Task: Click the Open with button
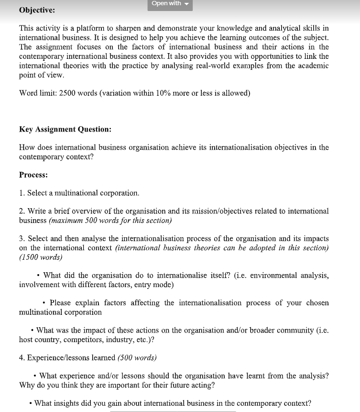tap(166, 4)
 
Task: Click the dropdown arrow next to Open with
tap(187, 4)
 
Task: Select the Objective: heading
tap(37, 10)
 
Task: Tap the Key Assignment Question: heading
tap(65, 129)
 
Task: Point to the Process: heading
tap(33, 175)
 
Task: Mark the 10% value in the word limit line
tap(164, 93)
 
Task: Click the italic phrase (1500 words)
tap(41, 257)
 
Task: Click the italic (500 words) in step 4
tap(137, 357)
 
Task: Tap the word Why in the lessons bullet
tap(27, 385)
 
